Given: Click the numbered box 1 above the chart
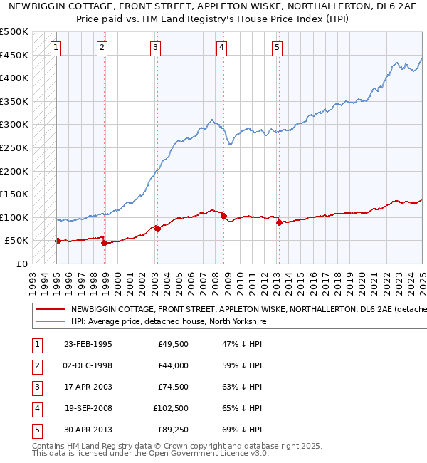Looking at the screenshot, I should coord(56,48).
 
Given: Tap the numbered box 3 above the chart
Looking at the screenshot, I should coord(155,48).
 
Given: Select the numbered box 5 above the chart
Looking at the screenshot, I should coord(277,48).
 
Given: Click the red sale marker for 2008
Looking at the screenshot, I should coord(223,216).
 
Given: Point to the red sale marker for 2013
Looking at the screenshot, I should coord(279,222).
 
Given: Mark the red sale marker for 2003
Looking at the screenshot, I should coord(157,229).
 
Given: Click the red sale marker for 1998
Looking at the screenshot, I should coord(104,243).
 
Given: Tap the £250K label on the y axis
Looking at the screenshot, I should coord(14,147).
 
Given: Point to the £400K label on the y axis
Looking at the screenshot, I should coord(14,78).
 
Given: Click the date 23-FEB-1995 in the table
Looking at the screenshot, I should coord(88,344).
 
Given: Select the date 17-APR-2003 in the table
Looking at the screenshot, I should coord(88,387).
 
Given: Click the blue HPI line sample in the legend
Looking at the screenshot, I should coord(50,321).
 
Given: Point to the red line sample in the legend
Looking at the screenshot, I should coord(50,310).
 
